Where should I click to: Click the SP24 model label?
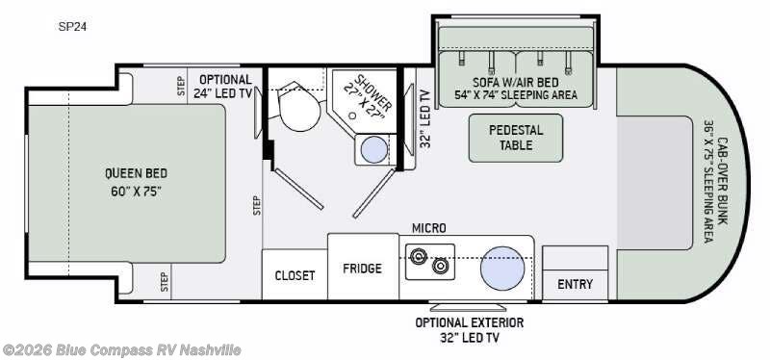[x=73, y=27]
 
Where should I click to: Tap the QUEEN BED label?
[x=136, y=173]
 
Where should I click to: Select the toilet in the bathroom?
[x=298, y=104]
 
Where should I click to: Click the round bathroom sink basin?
[x=374, y=149]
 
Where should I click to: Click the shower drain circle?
[x=351, y=116]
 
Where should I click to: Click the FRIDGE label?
[x=363, y=269]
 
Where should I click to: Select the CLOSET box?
[x=295, y=274]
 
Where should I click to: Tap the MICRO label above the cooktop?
[x=428, y=228]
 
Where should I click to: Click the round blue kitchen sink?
[x=502, y=269]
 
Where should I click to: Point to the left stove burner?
[x=419, y=256]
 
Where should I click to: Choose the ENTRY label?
[x=575, y=284]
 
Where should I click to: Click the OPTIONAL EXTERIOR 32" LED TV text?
[x=470, y=330]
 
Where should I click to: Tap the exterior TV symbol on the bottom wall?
[x=468, y=307]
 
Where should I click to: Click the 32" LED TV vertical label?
[x=425, y=118]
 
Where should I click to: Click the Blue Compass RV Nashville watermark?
[x=121, y=350]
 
